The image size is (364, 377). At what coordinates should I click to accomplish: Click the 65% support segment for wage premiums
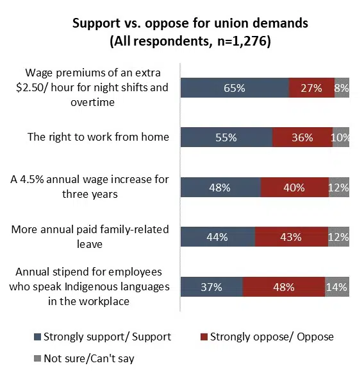pyautogui.click(x=235, y=87)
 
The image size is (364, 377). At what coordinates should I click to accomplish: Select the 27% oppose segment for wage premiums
pyautogui.click(x=311, y=87)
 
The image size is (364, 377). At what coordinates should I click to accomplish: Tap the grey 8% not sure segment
pyautogui.click(x=342, y=87)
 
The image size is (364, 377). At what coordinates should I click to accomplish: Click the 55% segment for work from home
pyautogui.click(x=226, y=137)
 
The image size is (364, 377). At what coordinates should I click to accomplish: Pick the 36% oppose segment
pyautogui.click(x=302, y=137)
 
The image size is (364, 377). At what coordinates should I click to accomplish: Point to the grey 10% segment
pyautogui.click(x=341, y=137)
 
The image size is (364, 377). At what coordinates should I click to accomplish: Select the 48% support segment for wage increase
pyautogui.click(x=220, y=188)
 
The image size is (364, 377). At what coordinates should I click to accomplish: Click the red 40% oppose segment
pyautogui.click(x=294, y=188)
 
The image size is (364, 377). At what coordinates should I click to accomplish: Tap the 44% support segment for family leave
pyautogui.click(x=217, y=237)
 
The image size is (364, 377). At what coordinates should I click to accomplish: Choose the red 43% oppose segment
pyautogui.click(x=291, y=237)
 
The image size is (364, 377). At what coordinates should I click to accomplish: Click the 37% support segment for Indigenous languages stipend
pyautogui.click(x=211, y=286)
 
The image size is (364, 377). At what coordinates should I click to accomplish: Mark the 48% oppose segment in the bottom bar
pyautogui.click(x=284, y=286)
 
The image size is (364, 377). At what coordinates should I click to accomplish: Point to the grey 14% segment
pyautogui.click(x=337, y=286)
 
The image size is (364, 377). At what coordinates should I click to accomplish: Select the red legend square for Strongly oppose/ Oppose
pyautogui.click(x=204, y=337)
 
